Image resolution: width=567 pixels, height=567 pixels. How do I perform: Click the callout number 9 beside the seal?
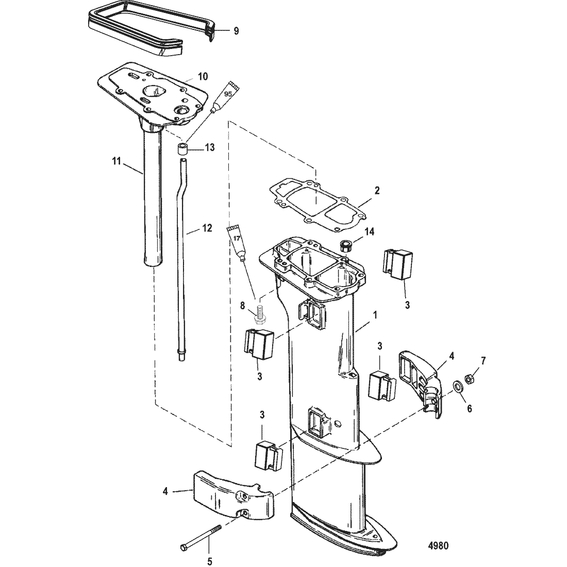pos(236,31)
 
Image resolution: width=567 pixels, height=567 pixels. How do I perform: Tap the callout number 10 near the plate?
pos(203,76)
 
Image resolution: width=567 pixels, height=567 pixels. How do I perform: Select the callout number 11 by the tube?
pos(116,161)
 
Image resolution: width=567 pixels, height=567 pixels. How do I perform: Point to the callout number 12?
pos(207,228)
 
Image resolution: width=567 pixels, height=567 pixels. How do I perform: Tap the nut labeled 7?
pos(471,379)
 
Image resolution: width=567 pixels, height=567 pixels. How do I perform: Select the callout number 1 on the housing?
pos(375,315)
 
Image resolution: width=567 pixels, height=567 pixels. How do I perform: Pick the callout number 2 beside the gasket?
pos(377,190)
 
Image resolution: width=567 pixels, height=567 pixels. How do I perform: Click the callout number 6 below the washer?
pos(470,409)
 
